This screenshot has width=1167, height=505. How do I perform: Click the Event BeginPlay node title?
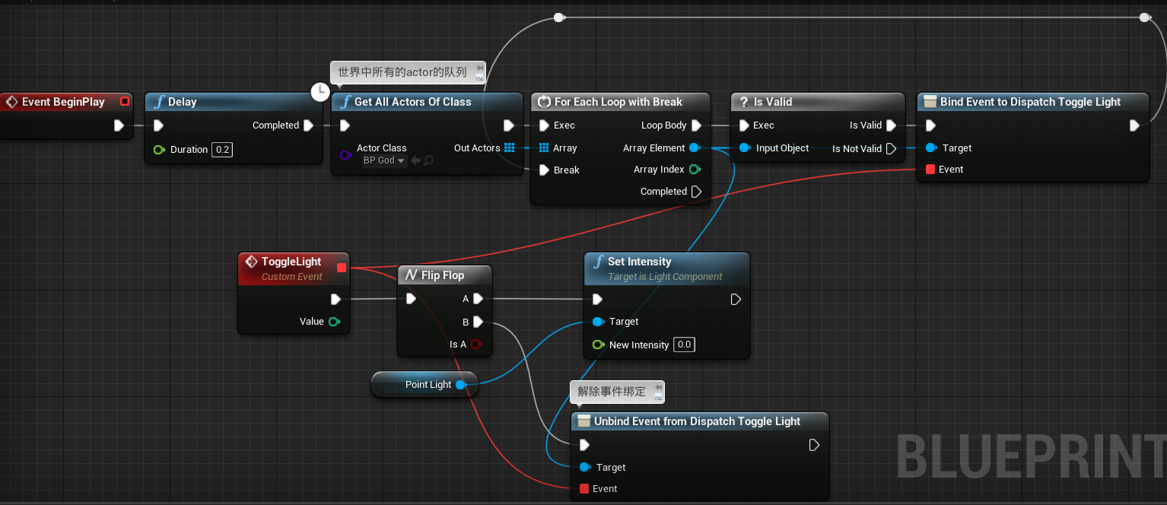(x=63, y=102)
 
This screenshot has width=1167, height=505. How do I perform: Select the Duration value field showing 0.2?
(x=222, y=150)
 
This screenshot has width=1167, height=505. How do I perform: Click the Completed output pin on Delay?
(x=308, y=125)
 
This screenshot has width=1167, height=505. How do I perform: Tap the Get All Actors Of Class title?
(x=413, y=102)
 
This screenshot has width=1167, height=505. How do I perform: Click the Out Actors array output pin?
(x=509, y=148)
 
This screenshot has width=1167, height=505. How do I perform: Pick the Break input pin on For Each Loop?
(x=544, y=170)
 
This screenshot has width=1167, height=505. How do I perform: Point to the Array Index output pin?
(x=695, y=170)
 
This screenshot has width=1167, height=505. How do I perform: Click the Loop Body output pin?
(x=695, y=125)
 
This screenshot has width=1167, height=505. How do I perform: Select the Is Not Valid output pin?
(x=891, y=149)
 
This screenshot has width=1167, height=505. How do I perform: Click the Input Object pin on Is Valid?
(x=745, y=148)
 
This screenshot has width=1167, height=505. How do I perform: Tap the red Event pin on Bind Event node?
(x=930, y=170)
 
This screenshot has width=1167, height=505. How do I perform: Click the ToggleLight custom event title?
(x=291, y=262)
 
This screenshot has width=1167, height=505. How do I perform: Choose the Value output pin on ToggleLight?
(x=333, y=322)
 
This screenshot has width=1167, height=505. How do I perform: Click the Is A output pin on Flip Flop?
(x=476, y=345)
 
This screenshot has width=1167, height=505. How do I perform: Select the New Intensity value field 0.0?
(x=684, y=345)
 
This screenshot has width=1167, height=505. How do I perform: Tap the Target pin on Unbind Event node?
(x=584, y=468)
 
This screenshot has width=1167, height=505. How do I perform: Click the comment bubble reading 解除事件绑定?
(x=612, y=392)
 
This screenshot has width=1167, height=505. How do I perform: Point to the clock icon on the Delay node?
(x=320, y=92)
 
